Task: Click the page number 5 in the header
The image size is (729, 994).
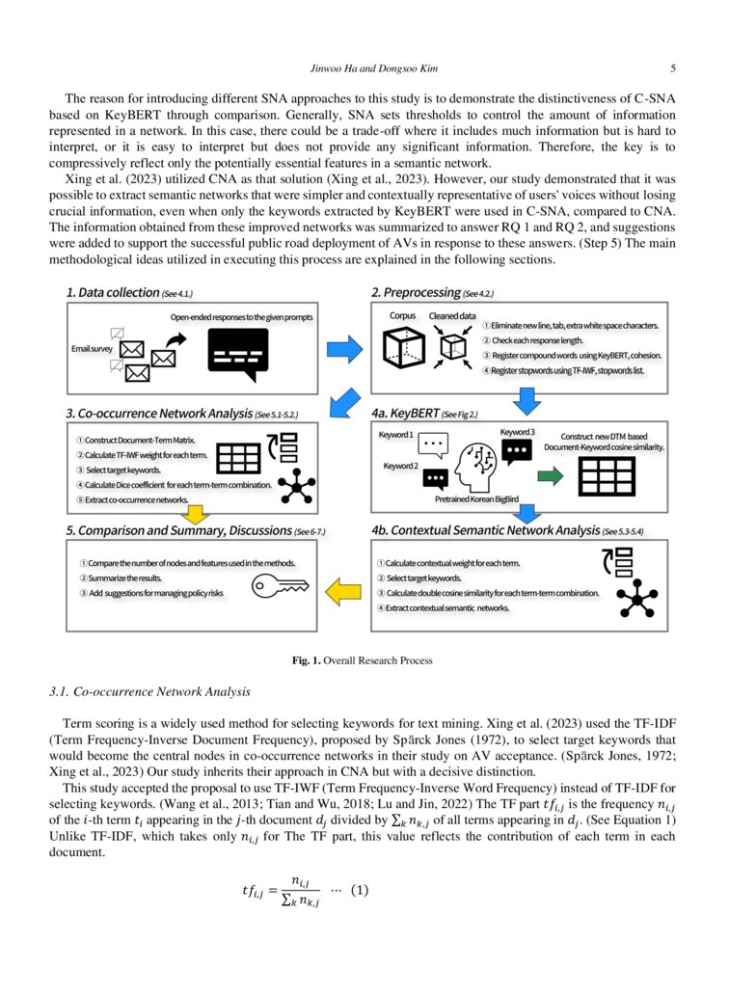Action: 672,68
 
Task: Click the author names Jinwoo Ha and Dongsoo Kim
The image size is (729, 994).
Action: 364,68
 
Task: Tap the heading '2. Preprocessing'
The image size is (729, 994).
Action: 416,291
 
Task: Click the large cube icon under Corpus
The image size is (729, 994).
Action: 404,347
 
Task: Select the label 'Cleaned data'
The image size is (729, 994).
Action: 452,316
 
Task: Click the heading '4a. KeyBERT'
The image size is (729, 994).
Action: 405,413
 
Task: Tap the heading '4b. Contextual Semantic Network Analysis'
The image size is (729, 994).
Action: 484,530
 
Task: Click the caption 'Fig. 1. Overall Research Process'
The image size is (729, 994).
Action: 363,660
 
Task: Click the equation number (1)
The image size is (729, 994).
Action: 360,889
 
